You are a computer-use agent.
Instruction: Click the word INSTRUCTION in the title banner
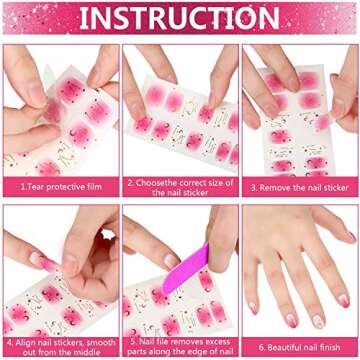[x=180, y=19]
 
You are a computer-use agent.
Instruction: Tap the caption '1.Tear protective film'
[x=59, y=187]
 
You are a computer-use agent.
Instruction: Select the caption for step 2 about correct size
[x=180, y=186]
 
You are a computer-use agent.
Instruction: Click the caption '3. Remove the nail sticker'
[x=300, y=187]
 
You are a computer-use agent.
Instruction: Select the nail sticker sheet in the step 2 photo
[x=185, y=125]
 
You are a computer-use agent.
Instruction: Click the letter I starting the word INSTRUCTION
[x=84, y=19]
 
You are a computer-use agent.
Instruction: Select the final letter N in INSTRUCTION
[x=275, y=19]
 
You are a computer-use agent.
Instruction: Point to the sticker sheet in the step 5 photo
[x=165, y=300]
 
